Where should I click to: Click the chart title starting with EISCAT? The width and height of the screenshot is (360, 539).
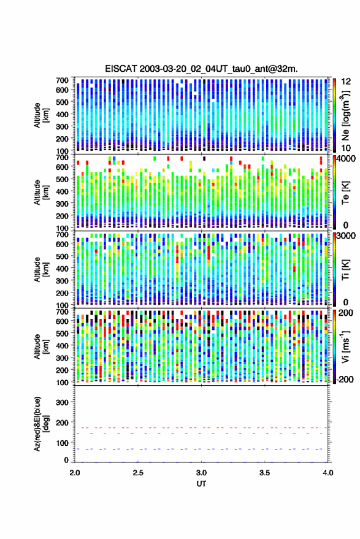point(201,69)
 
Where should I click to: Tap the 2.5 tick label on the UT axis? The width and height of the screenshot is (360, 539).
point(138,473)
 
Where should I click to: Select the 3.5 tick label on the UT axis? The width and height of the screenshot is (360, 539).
point(264,473)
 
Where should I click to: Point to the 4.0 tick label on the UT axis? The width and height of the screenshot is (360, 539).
point(327,473)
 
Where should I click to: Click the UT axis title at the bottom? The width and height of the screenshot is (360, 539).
point(201,484)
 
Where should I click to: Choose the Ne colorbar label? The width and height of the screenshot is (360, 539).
point(345,115)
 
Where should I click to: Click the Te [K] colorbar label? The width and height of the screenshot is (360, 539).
point(345,193)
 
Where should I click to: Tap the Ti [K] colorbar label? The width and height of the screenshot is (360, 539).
point(345,270)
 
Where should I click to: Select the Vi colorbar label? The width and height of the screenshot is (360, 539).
point(345,346)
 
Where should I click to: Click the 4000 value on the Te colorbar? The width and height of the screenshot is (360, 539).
point(346,159)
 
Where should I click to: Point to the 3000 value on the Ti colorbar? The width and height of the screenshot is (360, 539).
point(346,236)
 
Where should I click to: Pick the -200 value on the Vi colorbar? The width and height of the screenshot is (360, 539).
point(345,380)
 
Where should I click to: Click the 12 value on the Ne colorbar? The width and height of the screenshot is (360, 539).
point(346,82)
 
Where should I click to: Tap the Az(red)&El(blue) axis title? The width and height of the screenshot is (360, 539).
point(41,424)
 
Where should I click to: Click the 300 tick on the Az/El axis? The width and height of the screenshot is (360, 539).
point(62,402)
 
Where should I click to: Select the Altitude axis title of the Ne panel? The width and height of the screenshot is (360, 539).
point(41,115)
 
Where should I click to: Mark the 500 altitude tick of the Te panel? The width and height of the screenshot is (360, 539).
point(62,179)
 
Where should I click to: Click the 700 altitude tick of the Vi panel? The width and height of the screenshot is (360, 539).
point(62,312)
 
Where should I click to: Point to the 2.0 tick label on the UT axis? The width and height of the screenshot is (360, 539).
point(75,473)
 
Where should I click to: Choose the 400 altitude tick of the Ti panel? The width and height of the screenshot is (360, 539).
point(62,268)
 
